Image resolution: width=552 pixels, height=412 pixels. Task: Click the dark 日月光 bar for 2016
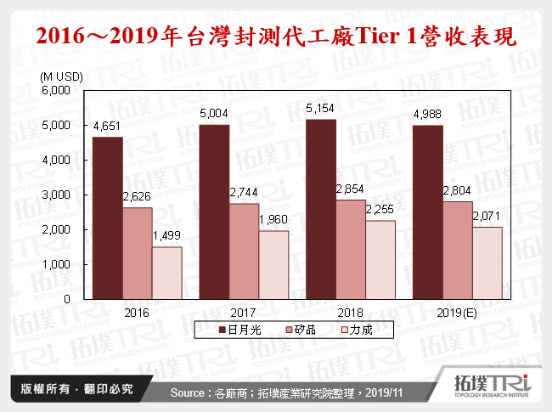point(108,218)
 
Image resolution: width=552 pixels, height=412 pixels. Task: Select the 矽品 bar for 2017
point(245,251)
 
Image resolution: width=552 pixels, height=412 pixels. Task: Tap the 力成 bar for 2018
point(380,260)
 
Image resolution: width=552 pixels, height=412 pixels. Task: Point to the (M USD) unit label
point(61,76)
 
